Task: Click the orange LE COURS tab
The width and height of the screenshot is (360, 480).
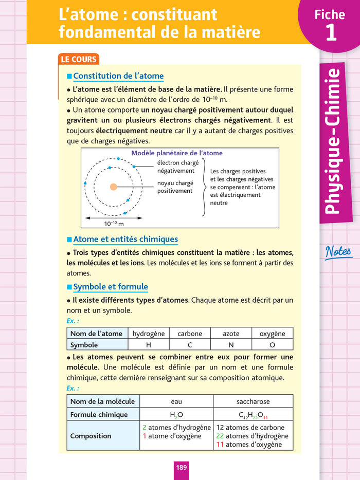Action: coord(79,59)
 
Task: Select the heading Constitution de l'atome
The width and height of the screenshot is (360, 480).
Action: coord(118,76)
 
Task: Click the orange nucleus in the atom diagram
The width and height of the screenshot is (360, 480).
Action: coord(113,187)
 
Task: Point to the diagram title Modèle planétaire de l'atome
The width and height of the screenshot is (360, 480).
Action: coord(177,153)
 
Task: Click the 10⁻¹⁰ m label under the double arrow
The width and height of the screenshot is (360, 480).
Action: coord(114,224)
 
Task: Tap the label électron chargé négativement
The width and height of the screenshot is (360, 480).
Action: coord(177,167)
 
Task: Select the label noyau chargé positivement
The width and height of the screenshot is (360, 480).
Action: coord(175,187)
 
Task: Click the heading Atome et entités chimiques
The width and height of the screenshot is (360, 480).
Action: coord(125,239)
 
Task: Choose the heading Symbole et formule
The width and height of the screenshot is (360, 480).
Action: coord(111,287)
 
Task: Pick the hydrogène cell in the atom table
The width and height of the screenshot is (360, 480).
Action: coord(149,334)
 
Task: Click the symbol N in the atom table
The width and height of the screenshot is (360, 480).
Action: coord(231,345)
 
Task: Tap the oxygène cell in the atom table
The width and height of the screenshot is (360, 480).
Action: coord(272,334)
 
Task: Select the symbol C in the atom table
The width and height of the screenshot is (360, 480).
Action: coord(190,345)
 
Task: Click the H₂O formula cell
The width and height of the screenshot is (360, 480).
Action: coord(176,415)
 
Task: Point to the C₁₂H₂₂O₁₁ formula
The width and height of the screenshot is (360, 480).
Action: coord(253,415)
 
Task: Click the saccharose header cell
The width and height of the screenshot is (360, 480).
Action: coord(253,401)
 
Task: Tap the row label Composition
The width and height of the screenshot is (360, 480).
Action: coord(91,436)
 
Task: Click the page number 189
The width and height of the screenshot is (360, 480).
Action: coord(182,467)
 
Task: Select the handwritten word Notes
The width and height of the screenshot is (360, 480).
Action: coord(338,252)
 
